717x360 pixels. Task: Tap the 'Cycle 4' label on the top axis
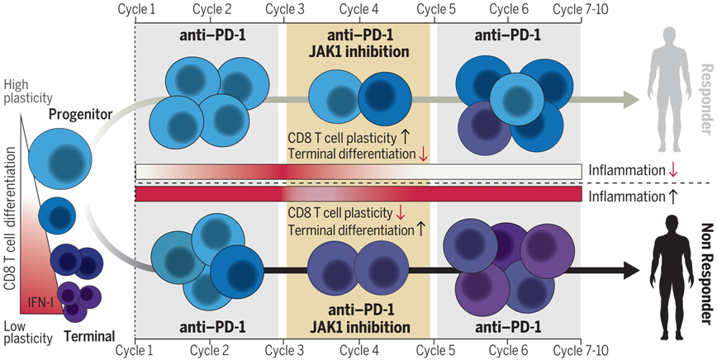359,9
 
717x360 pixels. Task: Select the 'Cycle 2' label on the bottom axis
210,351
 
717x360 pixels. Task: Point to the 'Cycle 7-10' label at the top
581,9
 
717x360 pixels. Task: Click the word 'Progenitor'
80,114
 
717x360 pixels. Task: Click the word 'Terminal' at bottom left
89,337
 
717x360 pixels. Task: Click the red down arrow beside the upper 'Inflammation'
672,170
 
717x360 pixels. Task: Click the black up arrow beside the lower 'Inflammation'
672,197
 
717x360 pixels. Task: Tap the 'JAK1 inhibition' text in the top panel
359,52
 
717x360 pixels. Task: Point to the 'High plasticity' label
27,91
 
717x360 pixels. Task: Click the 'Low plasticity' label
27,332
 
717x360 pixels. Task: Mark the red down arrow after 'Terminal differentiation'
423,154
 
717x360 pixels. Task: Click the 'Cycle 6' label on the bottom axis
508,351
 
